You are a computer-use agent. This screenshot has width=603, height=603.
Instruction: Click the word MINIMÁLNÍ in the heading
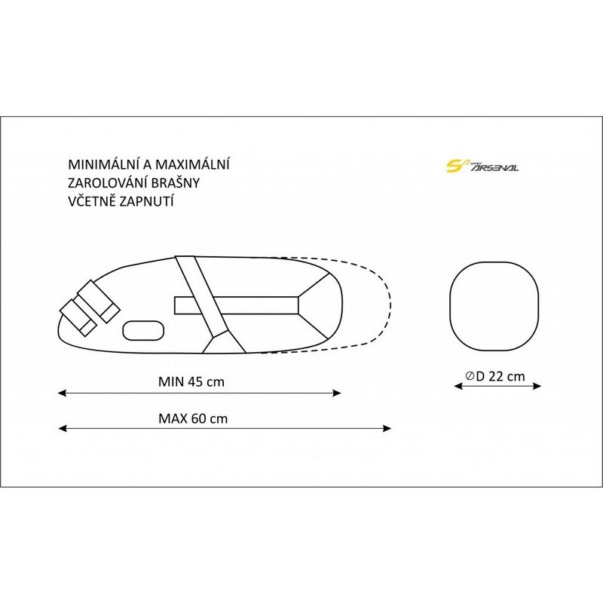tap(103, 164)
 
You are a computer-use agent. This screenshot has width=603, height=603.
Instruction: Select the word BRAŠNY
tap(176, 182)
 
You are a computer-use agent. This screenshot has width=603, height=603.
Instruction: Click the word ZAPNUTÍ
tap(144, 201)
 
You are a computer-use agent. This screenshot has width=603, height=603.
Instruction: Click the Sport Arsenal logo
tap(482, 166)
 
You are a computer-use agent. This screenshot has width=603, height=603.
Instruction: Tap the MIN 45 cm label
tap(191, 381)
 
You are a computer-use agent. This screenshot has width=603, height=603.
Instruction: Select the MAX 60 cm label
tap(193, 418)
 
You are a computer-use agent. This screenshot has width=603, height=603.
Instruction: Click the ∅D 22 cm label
tap(495, 375)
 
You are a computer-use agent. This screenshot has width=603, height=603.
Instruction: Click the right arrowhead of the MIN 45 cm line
tap(337, 393)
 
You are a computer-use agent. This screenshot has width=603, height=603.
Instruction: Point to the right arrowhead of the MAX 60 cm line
tap(387, 428)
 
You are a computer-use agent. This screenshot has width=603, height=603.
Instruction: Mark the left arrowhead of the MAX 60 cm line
tap(62, 428)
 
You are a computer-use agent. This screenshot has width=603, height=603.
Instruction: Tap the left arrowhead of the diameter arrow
tap(458, 386)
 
